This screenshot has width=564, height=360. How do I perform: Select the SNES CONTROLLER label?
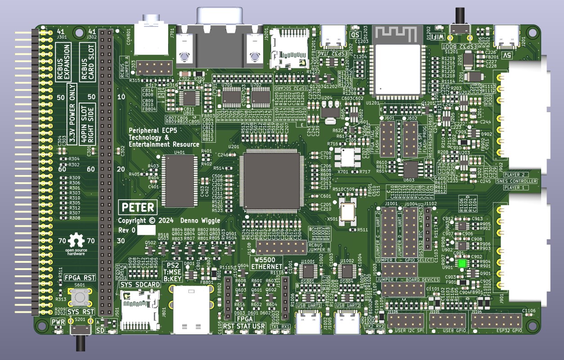[x=520, y=181]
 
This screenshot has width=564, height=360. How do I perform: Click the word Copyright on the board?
[x=133, y=220]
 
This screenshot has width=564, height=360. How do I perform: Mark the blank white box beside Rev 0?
[x=146, y=230]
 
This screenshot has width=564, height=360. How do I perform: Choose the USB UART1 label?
[x=309, y=306]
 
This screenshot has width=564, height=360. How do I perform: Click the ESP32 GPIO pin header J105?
[x=496, y=321]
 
